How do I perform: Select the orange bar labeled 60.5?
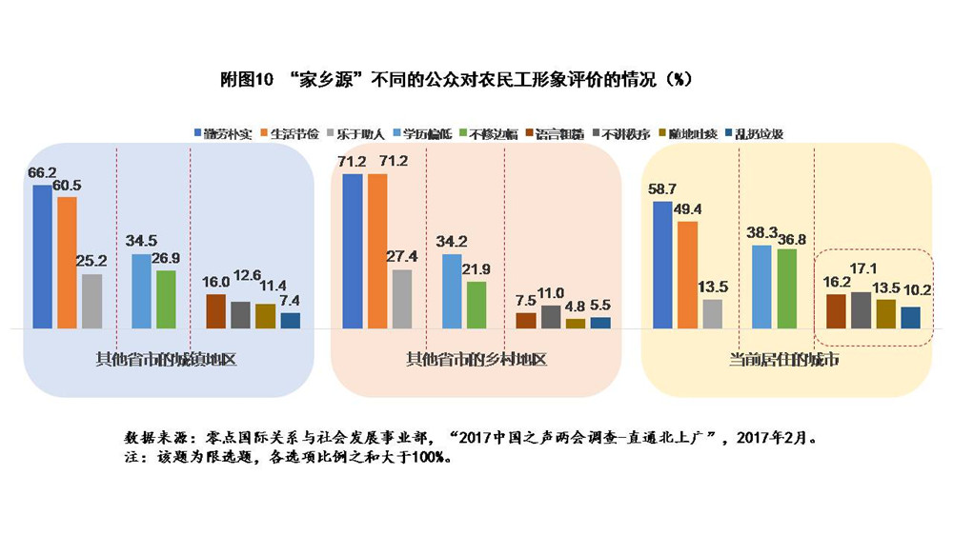pos(67,263)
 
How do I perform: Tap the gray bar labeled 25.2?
pos(91,301)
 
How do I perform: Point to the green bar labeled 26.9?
pos(166,299)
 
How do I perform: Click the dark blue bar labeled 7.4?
pos(290,320)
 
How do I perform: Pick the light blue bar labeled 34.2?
pos(452,291)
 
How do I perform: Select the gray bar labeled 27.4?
pos(401,299)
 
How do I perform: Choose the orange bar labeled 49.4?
pos(687,275)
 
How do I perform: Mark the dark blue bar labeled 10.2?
pos(910,317)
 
